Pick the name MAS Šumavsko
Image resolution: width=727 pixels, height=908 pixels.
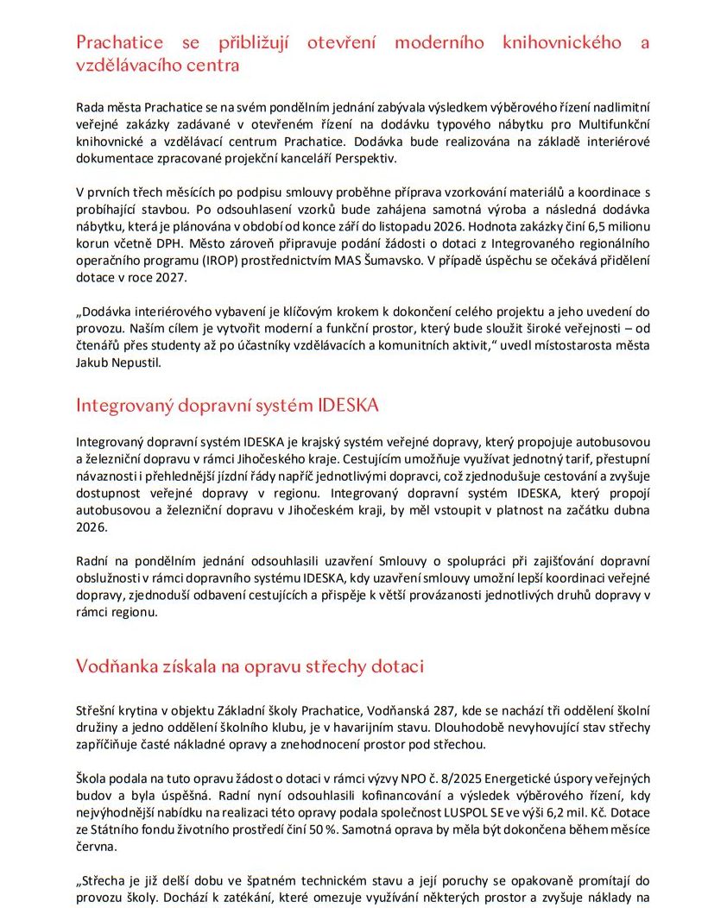pos(395,260)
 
